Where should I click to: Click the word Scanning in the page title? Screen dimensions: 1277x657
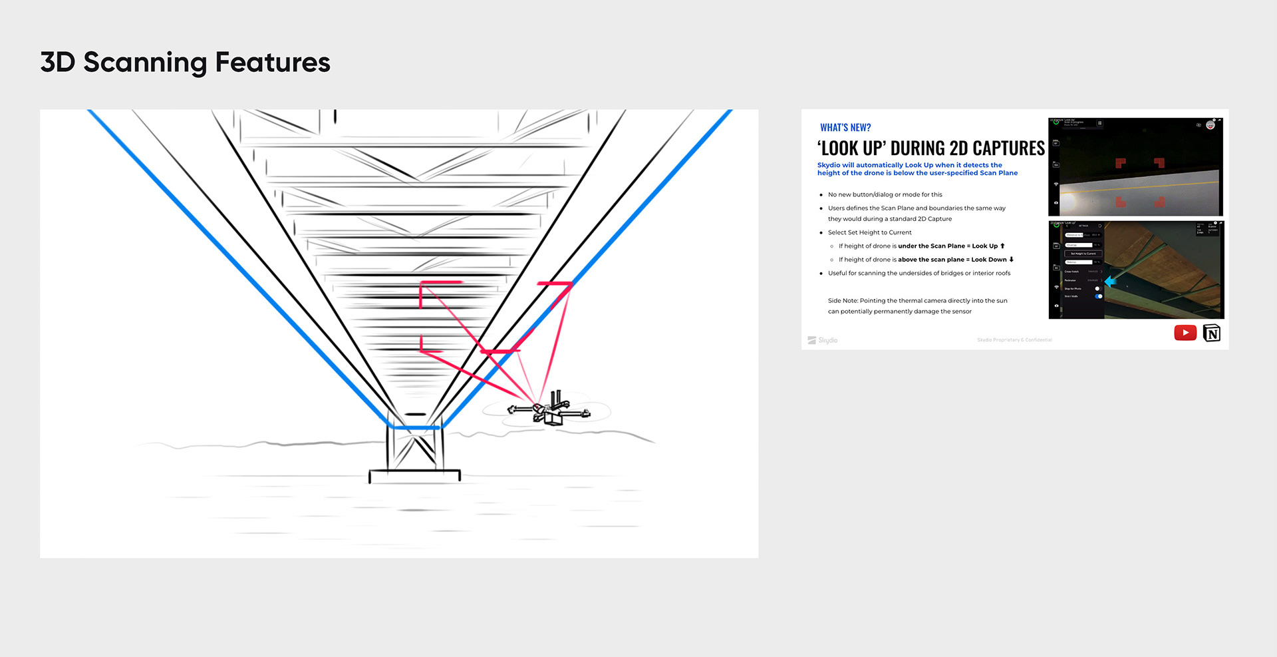[145, 63]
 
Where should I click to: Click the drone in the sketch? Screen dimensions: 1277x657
[549, 409]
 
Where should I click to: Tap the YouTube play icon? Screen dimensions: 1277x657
[1185, 333]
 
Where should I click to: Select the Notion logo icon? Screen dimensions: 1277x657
[1212, 333]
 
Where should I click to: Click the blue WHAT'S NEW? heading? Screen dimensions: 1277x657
[845, 128]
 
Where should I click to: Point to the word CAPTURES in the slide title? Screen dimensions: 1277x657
[1008, 148]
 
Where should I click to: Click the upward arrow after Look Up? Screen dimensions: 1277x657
[1002, 246]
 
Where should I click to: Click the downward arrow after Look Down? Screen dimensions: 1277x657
[1012, 260]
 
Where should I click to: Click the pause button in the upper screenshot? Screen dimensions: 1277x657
[1099, 123]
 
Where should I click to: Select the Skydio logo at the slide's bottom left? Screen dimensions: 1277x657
[823, 340]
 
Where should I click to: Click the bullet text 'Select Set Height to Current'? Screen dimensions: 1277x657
[869, 233]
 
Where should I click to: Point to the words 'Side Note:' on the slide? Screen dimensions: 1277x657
[843, 301]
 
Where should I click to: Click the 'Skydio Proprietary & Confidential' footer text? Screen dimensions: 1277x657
[1014, 340]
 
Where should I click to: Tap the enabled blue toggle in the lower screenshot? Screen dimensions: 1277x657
[1099, 296]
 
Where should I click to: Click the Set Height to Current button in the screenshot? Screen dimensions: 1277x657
[1083, 254]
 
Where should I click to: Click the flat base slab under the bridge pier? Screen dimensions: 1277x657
[414, 475]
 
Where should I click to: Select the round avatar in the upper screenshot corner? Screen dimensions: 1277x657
[1210, 125]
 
